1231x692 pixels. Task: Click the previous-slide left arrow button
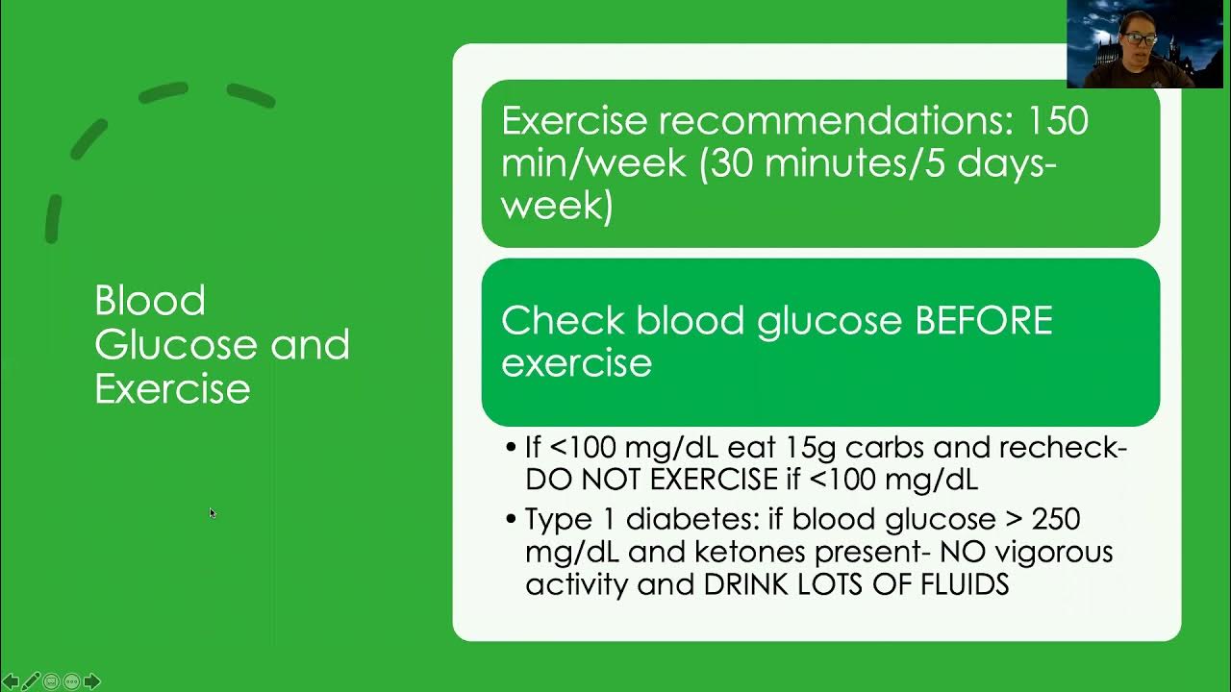pyautogui.click(x=12, y=681)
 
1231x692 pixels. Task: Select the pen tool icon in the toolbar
pyautogui.click(x=32, y=681)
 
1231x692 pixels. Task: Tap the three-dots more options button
pyautogui.click(x=71, y=681)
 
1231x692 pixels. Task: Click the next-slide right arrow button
pyautogui.click(x=92, y=681)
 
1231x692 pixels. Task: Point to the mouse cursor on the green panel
pyautogui.click(x=212, y=513)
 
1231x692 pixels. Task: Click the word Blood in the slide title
pyautogui.click(x=150, y=301)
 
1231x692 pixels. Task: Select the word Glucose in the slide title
pyautogui.click(x=177, y=345)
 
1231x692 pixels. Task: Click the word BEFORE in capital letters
pyautogui.click(x=983, y=321)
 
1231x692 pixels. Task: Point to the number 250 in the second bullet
pyautogui.click(x=1055, y=520)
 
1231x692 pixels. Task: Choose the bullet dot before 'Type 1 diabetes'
pyautogui.click(x=511, y=520)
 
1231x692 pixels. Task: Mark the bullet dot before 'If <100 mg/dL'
pyautogui.click(x=511, y=448)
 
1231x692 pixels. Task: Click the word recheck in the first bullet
pyautogui.click(x=1061, y=448)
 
